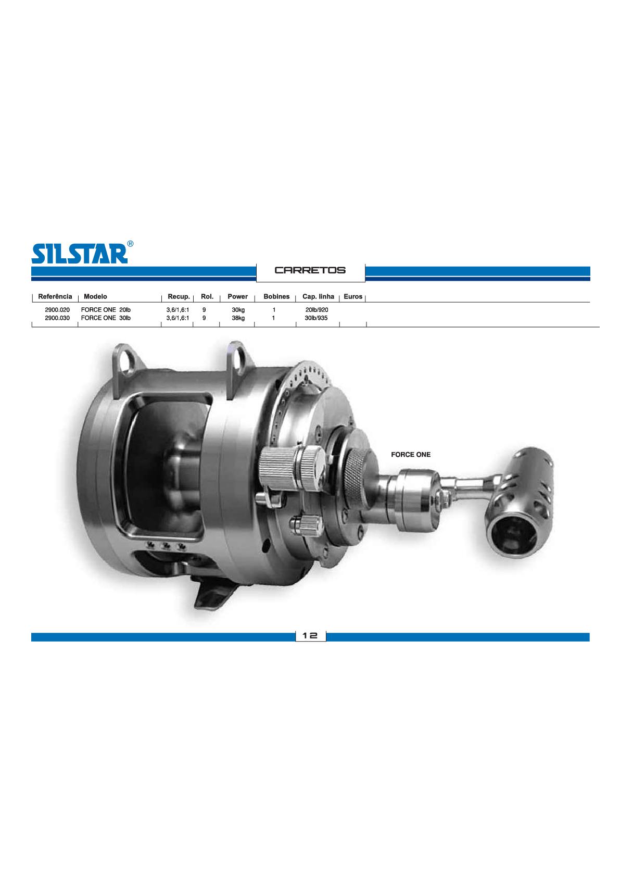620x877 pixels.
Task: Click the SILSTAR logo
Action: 80,253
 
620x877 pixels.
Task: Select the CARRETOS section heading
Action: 310,270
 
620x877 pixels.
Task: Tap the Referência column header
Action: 55,296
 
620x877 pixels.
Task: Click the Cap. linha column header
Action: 318,296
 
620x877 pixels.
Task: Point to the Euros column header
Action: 353,296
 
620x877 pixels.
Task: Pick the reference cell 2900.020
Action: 57,310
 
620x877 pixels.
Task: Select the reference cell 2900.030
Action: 57,318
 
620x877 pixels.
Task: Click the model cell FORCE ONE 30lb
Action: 106,318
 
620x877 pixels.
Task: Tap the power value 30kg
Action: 238,310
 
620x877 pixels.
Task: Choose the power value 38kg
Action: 238,318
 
